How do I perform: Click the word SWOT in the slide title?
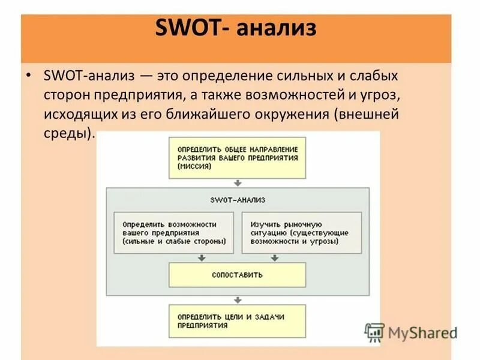tap(191, 28)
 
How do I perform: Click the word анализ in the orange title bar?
tap(277, 28)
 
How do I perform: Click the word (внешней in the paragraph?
tap(364, 113)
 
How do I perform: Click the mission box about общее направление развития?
tap(237, 157)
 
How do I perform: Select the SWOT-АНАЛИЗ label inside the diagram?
tap(238, 199)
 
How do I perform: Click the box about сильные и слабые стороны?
tap(173, 232)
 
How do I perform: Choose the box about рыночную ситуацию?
tap(301, 232)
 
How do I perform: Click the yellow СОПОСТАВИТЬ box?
tap(237, 274)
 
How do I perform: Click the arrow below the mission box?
tap(238, 183)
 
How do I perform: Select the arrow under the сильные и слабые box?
tap(202, 258)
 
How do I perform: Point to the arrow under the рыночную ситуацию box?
tap(274, 258)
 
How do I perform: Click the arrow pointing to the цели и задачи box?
tap(238, 298)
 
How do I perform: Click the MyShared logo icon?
tap(374, 332)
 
